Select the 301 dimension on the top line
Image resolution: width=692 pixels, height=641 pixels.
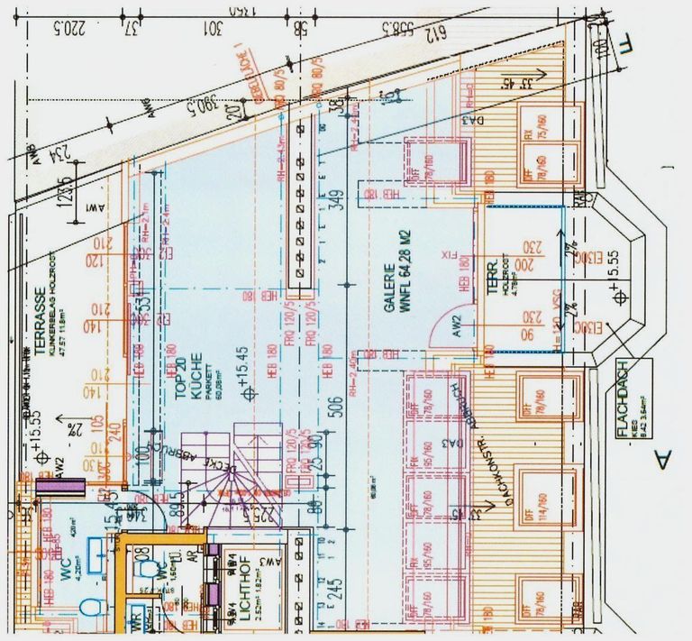[x=214, y=28]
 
